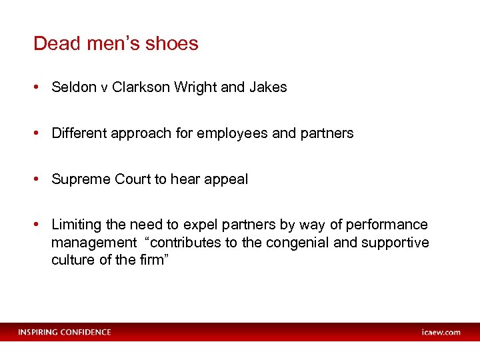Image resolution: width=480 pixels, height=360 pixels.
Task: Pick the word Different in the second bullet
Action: [79, 133]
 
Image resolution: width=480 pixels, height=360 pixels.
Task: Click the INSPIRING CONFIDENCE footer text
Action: [65, 332]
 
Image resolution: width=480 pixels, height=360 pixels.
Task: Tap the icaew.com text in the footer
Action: [441, 332]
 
